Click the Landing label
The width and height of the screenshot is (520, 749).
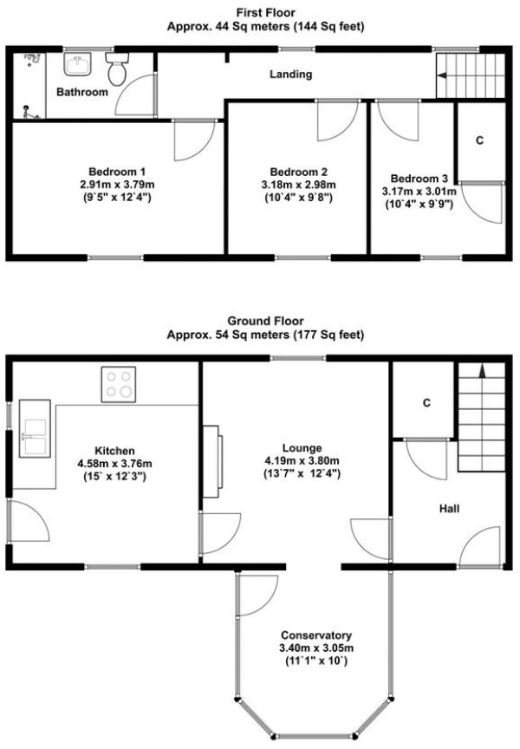(x=290, y=75)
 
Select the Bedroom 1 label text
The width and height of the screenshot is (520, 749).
(x=117, y=171)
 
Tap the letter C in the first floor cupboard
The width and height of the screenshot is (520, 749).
(x=479, y=142)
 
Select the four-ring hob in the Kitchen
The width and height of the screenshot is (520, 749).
(x=120, y=385)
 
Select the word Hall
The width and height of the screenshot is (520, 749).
(x=448, y=509)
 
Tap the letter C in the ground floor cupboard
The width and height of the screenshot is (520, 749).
(x=426, y=403)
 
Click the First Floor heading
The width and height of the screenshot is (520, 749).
(x=265, y=12)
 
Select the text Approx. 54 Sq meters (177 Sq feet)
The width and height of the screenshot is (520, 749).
(x=265, y=335)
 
